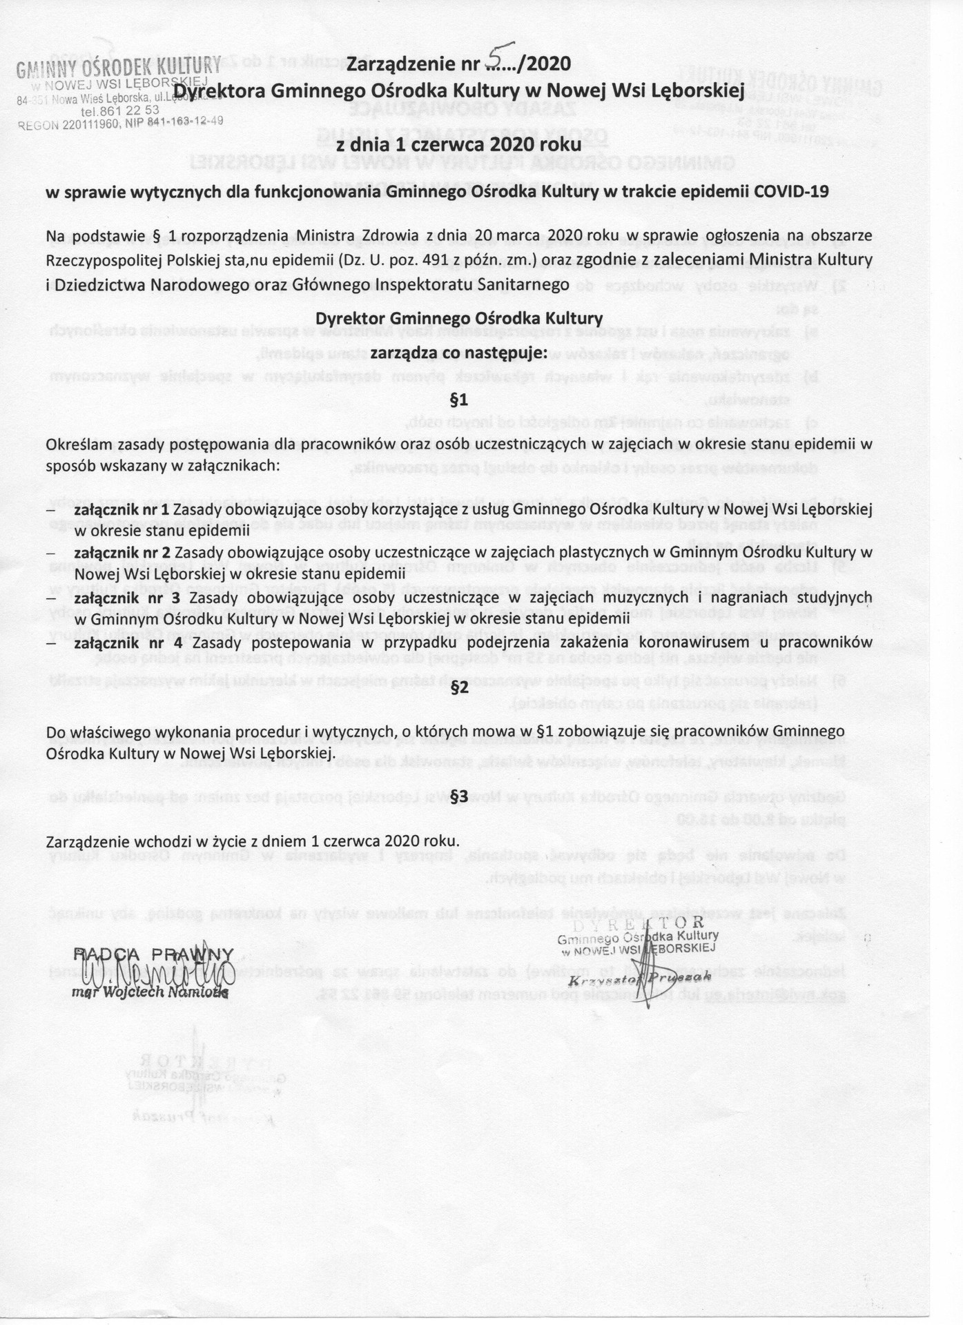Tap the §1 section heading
point(459,400)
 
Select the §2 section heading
point(459,687)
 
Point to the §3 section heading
point(459,795)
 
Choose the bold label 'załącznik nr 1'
point(122,509)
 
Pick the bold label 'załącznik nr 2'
point(123,552)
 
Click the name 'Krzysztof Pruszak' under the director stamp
point(639,979)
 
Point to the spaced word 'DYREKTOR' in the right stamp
point(638,923)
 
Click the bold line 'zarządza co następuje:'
point(458,353)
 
